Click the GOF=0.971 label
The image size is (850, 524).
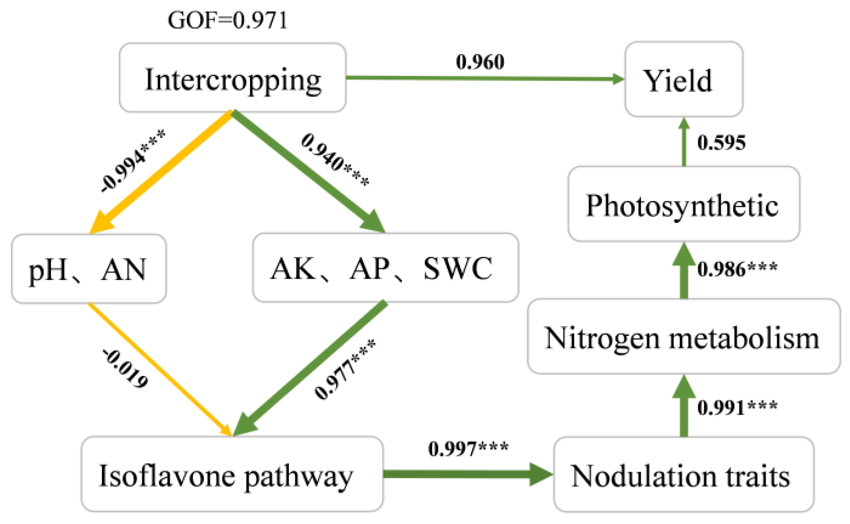pos(228,20)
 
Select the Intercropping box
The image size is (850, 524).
pos(233,78)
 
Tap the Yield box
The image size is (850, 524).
pos(683,80)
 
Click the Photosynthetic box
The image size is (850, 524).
pos(683,204)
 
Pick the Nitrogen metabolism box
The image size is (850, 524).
pos(683,337)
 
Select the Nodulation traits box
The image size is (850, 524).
pos(683,475)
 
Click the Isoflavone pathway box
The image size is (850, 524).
pos(232,474)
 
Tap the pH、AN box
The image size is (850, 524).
pos(88,269)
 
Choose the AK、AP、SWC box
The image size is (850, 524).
pos(385,268)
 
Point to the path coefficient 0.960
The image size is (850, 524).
pos(480,62)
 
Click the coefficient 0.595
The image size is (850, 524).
pos(721,143)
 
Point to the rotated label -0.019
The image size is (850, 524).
pos(125,369)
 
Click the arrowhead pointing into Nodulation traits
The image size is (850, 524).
pos(542,474)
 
